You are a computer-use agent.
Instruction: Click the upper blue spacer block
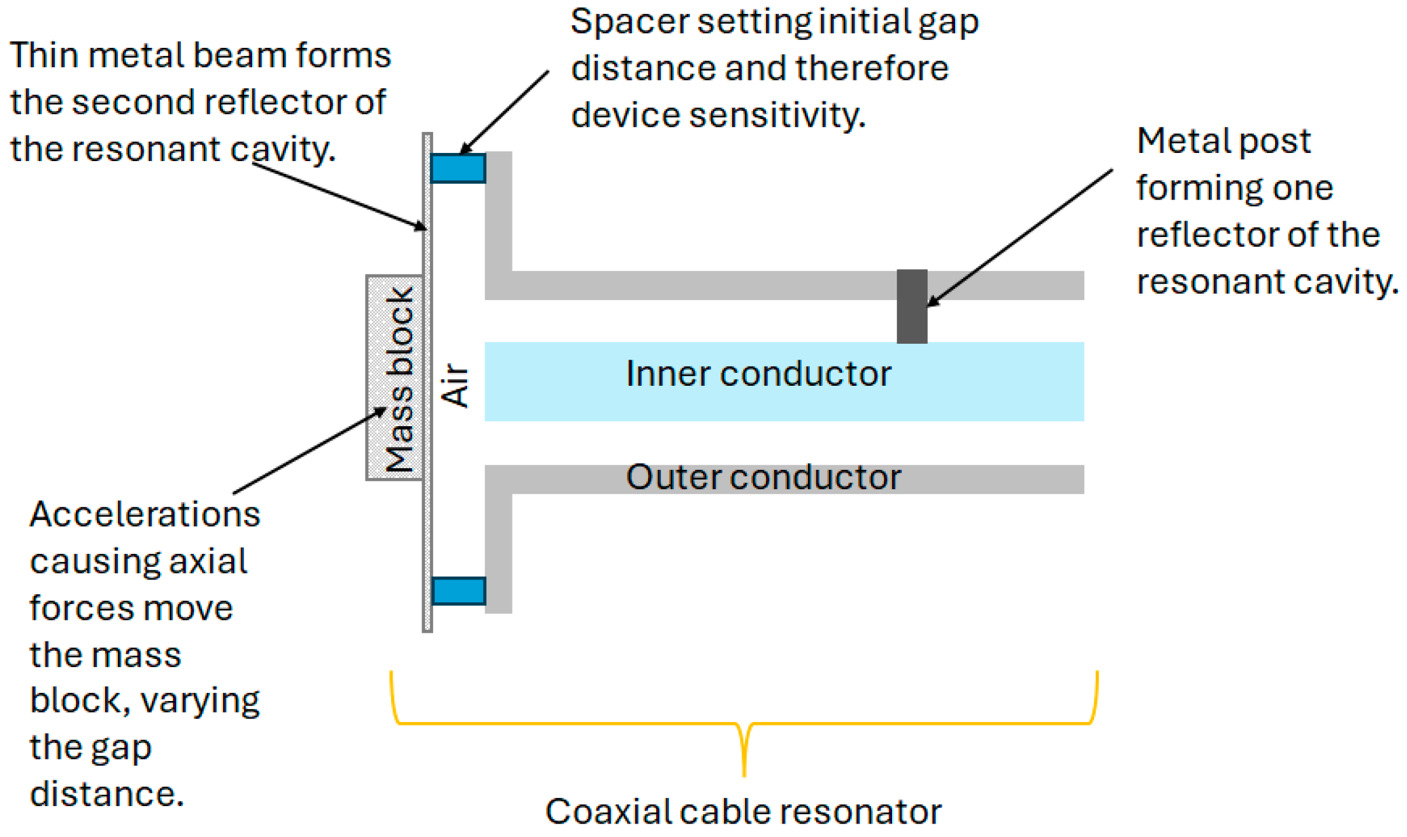pyautogui.click(x=457, y=168)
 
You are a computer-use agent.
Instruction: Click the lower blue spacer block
pyautogui.click(x=458, y=590)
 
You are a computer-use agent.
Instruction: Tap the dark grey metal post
pyautogui.click(x=911, y=306)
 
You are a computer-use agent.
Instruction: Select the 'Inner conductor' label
pyautogui.click(x=758, y=374)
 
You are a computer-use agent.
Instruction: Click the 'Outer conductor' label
pyautogui.click(x=762, y=477)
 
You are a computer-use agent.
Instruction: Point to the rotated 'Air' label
pyautogui.click(x=455, y=385)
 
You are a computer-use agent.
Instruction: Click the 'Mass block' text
pyautogui.click(x=400, y=379)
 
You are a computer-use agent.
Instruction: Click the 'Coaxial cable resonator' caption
pyautogui.click(x=743, y=811)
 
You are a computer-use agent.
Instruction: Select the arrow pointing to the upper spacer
pyautogui.click(x=505, y=112)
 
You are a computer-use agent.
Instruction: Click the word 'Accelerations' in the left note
pyautogui.click(x=145, y=514)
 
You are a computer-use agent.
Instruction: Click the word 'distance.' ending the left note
pyautogui.click(x=107, y=794)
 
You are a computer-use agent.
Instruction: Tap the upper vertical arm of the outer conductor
pyautogui.click(x=498, y=213)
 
